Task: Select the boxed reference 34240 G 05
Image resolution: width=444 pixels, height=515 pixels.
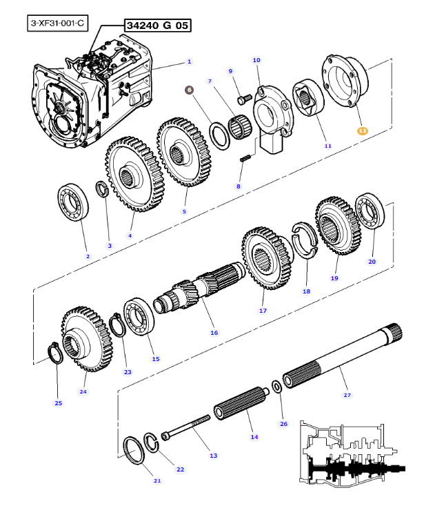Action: pos(157,26)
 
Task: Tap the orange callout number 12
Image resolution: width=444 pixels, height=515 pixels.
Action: pos(363,130)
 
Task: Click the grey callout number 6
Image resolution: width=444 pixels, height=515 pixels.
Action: pos(189,90)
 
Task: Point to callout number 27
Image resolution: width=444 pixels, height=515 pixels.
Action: pos(347,396)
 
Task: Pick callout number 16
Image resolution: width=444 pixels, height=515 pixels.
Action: pos(214,333)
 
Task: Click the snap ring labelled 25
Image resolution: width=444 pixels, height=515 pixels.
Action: pos(55,353)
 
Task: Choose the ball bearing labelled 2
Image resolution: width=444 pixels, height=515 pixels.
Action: pos(73,202)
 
